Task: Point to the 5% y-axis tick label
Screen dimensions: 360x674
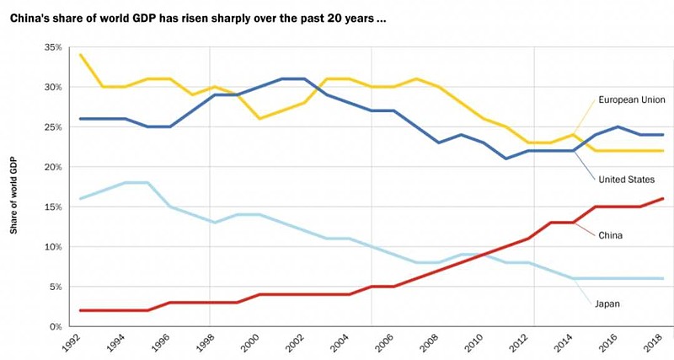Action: tap(55, 287)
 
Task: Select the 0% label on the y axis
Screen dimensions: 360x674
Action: tap(55, 326)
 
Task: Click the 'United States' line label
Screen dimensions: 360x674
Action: tap(626, 179)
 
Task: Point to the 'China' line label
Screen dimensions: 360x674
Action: tap(610, 235)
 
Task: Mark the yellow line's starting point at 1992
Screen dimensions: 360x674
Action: tap(80, 56)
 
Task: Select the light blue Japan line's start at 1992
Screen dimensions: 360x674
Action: tap(80, 199)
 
